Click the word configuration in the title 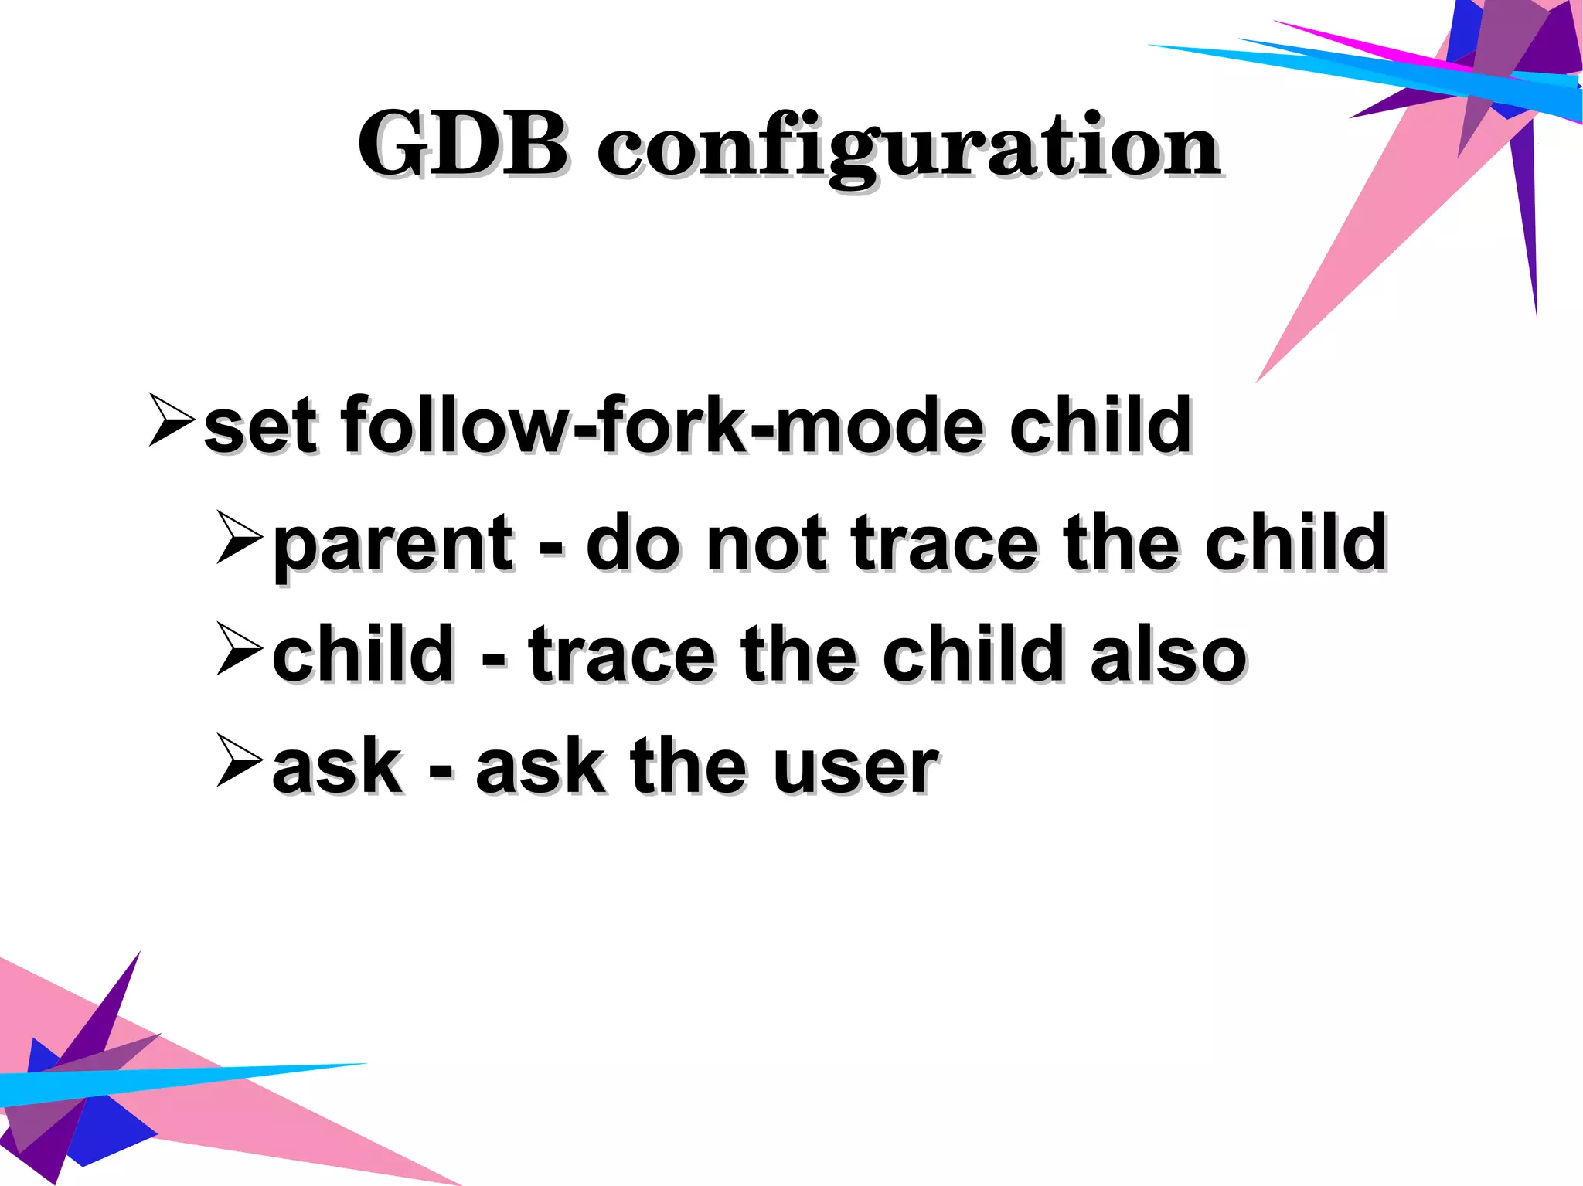907,147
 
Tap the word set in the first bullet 260,426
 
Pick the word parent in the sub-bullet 393,545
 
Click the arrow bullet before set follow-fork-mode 171,420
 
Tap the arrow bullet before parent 240,536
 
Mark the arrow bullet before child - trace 240,648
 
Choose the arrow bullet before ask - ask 240,760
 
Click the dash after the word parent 550,550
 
